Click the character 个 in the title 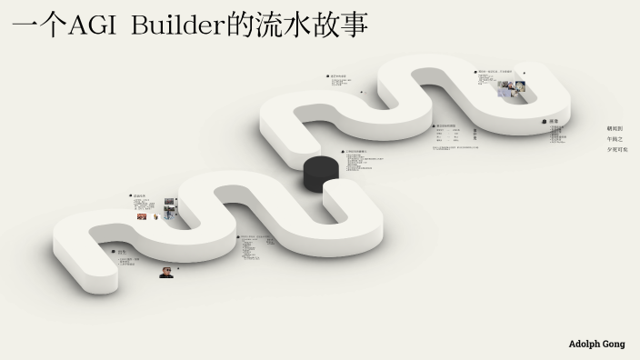coord(54,25)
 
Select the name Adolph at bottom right coord(585,345)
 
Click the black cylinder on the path coord(321,173)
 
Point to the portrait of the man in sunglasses coord(167,271)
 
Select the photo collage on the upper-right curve coord(513,89)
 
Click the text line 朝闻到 coord(615,129)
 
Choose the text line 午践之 coord(615,139)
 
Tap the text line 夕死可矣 coord(617,149)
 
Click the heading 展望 coord(554,121)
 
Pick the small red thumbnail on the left coord(142,216)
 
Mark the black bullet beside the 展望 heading coord(544,121)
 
